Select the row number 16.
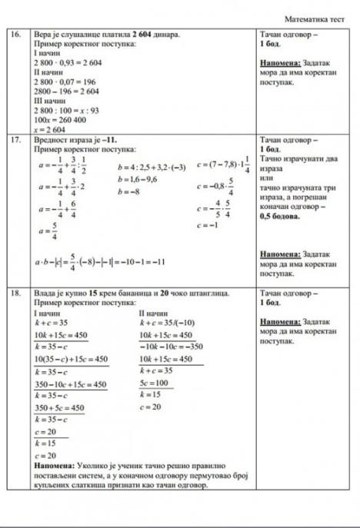tap(15, 35)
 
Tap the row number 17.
tap(15, 141)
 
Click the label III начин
tap(48, 100)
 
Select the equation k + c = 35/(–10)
tap(164, 324)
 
